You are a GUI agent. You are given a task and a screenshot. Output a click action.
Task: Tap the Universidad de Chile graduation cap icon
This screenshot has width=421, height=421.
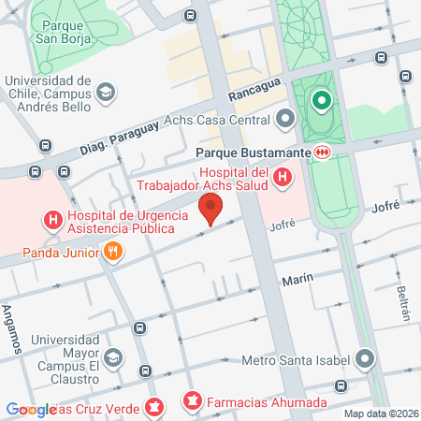107,92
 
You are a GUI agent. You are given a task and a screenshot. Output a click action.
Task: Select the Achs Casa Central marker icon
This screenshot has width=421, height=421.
285,119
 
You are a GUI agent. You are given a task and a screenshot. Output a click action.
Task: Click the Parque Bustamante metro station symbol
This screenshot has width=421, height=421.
322,152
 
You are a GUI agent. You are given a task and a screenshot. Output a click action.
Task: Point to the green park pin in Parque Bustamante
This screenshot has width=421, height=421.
321,99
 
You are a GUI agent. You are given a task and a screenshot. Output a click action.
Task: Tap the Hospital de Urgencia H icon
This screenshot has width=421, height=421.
53,221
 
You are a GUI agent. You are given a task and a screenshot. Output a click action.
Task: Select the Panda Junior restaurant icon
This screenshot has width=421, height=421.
112,251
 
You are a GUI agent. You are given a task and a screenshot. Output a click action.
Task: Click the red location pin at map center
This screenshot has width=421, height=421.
211,207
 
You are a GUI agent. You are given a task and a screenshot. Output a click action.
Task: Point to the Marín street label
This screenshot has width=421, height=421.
297,279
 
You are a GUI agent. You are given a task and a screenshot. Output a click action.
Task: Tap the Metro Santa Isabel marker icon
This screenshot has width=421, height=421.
364,360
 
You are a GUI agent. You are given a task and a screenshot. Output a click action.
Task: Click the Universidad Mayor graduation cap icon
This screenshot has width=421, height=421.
113,357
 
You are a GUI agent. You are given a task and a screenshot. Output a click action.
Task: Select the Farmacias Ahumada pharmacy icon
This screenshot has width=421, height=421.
193,402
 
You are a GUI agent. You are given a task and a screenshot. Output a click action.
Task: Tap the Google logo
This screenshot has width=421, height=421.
31,409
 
